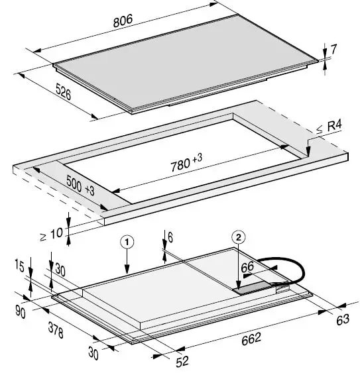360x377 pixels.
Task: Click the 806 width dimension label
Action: (x=123, y=20)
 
